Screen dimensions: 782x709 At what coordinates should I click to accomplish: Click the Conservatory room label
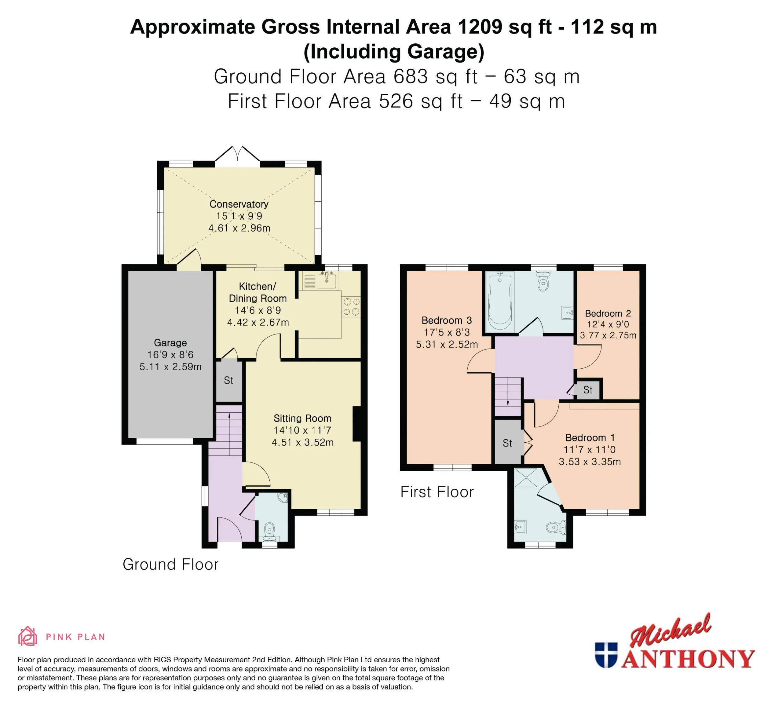click(x=239, y=204)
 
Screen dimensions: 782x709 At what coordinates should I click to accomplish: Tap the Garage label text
click(x=170, y=343)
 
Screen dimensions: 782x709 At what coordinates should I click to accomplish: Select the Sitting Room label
click(x=302, y=418)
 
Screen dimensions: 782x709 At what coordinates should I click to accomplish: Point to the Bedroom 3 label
click(x=447, y=320)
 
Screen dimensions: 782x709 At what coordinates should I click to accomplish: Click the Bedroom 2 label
click(x=608, y=313)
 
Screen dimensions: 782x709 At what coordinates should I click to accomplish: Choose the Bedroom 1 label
click(x=590, y=437)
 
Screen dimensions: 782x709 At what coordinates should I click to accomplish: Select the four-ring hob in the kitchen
click(x=351, y=306)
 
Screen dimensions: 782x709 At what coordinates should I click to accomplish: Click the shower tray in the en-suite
click(x=526, y=478)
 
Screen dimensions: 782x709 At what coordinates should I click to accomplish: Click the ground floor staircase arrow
click(x=229, y=434)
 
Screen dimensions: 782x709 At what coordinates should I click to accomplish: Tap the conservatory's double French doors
click(x=237, y=154)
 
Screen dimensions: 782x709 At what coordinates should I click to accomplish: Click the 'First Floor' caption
click(x=437, y=492)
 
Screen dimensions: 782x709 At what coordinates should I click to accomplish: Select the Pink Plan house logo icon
click(x=27, y=637)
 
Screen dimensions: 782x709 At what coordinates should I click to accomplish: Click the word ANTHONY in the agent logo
click(x=688, y=659)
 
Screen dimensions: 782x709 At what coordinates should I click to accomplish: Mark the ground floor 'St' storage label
click(x=228, y=381)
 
